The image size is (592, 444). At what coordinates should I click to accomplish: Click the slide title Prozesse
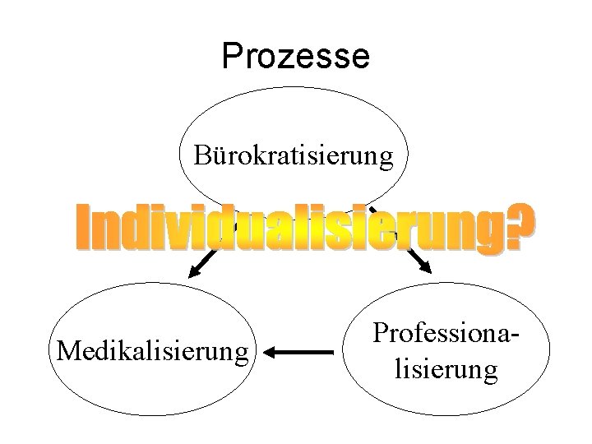coord(295,56)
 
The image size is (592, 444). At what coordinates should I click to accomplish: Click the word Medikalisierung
coord(152,352)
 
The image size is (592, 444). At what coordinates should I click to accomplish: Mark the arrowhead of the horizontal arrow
coord(275,352)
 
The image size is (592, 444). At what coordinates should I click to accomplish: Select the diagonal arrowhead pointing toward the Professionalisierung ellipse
coord(423,265)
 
